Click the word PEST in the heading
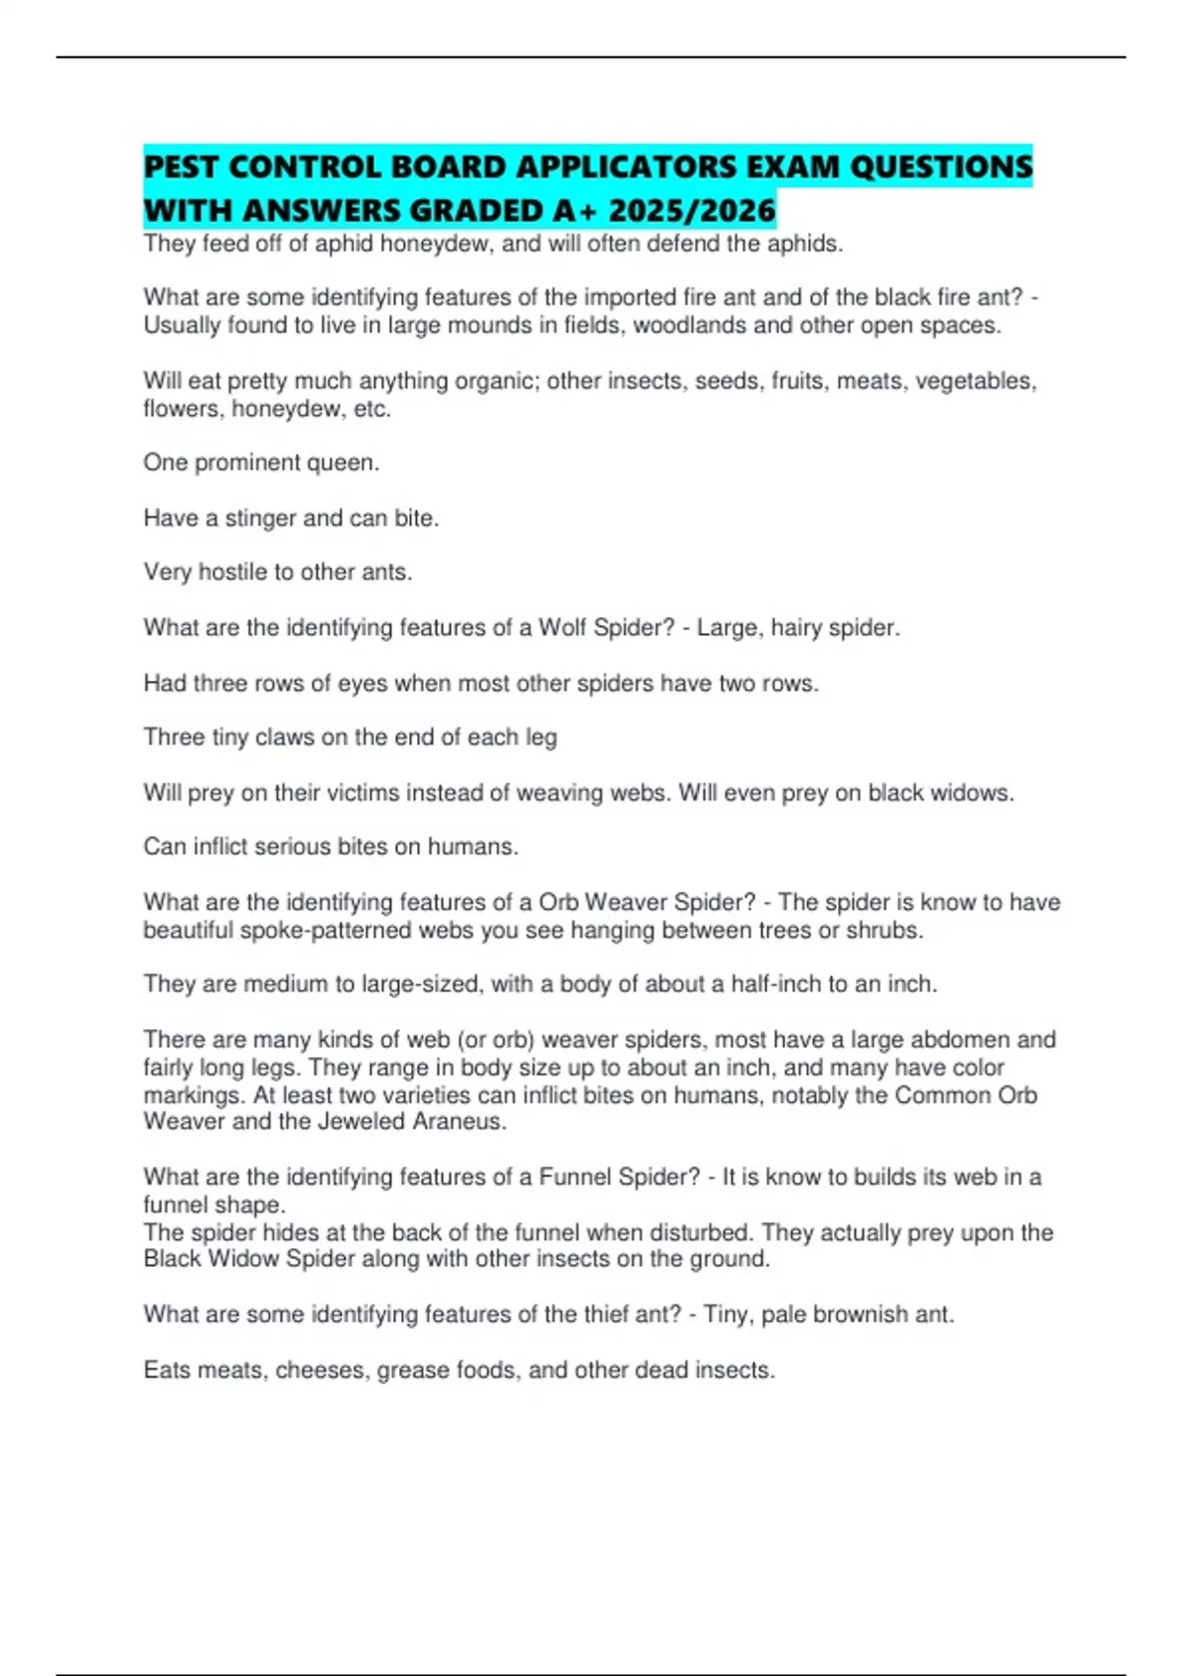181,167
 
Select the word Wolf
562,627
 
